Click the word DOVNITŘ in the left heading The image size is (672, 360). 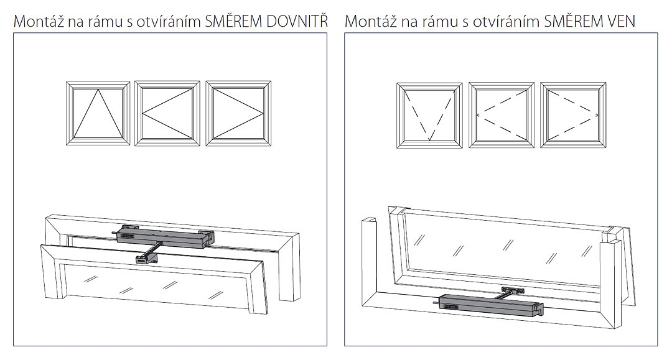click(297, 21)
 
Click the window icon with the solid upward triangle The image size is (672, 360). click(98, 113)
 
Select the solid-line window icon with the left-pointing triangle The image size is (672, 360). click(167, 113)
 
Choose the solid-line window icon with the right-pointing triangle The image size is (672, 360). click(238, 113)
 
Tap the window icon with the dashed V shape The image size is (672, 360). click(429, 115)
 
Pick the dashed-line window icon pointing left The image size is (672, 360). click(502, 115)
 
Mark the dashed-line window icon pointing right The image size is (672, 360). click(574, 115)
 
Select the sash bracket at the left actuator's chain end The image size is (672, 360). click(146, 258)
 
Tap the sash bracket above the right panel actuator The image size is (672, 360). click(513, 290)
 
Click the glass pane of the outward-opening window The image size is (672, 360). click(502, 247)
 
